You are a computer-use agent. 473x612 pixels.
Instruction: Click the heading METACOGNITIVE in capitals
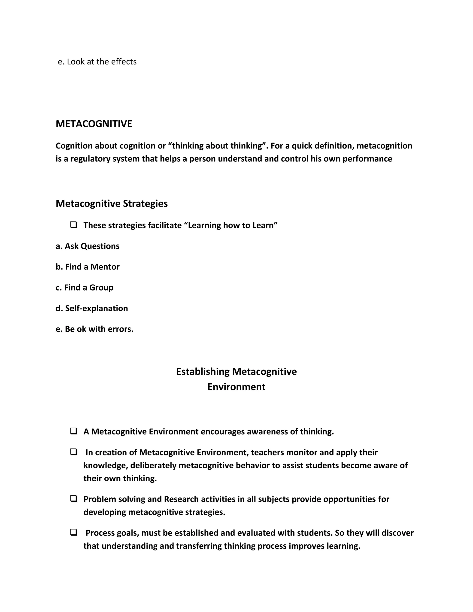[x=94, y=124]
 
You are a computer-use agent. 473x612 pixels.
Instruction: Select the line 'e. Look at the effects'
[x=97, y=62]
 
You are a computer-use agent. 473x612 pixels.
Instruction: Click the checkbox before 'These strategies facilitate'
[x=74, y=225]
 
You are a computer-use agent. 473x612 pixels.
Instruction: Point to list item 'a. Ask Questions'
[x=88, y=246]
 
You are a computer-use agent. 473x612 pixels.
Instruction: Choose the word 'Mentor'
[x=105, y=267]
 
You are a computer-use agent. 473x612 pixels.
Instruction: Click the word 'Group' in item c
[x=101, y=288]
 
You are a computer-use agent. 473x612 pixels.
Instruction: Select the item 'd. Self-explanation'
[x=92, y=308]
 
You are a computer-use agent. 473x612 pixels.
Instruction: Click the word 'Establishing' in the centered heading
[x=203, y=372]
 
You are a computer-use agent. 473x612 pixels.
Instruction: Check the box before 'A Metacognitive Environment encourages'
[x=74, y=431]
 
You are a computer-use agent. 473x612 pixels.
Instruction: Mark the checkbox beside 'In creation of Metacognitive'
[x=74, y=452]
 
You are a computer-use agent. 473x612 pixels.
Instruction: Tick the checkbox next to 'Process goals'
[x=74, y=532]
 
